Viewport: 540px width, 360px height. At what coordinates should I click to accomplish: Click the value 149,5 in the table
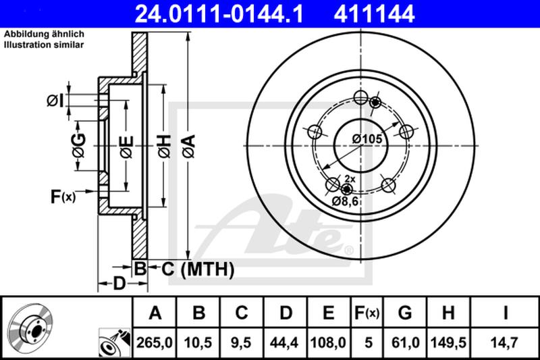point(447,343)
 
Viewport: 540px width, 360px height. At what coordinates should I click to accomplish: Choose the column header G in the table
point(404,313)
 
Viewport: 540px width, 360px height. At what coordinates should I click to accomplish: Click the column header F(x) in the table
point(367,313)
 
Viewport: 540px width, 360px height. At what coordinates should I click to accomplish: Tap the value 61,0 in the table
point(404,343)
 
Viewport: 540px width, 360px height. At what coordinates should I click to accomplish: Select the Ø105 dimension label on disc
point(367,139)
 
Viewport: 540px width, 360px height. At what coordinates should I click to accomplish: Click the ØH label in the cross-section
point(164,143)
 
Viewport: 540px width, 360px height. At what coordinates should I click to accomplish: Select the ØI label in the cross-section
point(55,101)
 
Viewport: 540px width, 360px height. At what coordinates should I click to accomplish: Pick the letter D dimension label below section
point(118,284)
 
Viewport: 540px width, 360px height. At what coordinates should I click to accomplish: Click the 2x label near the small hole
point(350,178)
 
